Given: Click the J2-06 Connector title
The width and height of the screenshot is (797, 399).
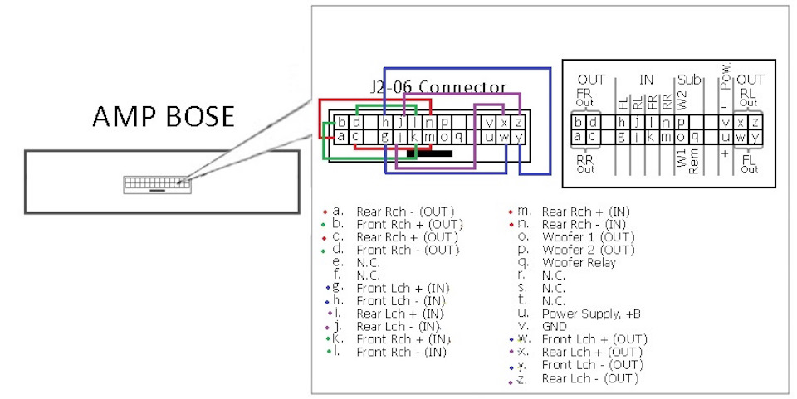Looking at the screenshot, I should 438,87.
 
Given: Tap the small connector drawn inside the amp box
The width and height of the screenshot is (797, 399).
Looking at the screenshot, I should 155,183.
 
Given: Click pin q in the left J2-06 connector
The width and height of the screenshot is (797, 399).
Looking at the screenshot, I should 457,136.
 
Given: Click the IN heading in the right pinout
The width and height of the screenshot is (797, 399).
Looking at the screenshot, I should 646,80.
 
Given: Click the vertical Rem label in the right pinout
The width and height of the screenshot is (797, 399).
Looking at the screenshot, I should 693,158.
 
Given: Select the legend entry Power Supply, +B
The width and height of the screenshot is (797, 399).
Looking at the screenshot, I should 590,314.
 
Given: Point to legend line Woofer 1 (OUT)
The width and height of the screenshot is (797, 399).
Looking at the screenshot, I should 588,237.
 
